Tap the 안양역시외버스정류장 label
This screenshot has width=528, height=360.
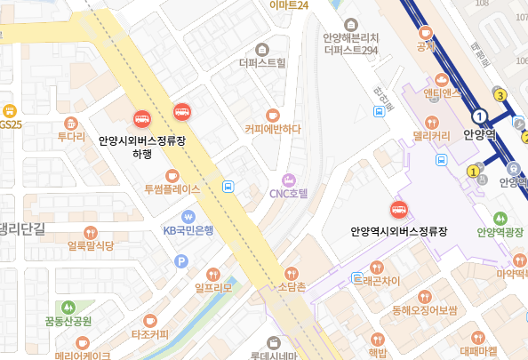click(x=398, y=231)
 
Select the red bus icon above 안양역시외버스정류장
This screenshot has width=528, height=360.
click(x=399, y=210)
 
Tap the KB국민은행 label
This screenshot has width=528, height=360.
click(x=188, y=230)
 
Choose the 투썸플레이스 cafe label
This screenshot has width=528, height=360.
click(x=172, y=189)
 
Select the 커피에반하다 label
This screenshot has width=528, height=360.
click(x=273, y=129)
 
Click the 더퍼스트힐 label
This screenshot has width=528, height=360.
click(x=262, y=63)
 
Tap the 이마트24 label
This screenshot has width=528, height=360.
click(x=289, y=5)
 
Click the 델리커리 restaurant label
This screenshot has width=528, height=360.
click(x=431, y=137)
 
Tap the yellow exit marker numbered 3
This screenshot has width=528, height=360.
click(x=501, y=95)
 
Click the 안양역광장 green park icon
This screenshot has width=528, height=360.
click(x=500, y=218)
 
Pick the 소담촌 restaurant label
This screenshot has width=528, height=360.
click(x=292, y=286)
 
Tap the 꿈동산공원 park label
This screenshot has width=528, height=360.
click(x=68, y=320)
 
